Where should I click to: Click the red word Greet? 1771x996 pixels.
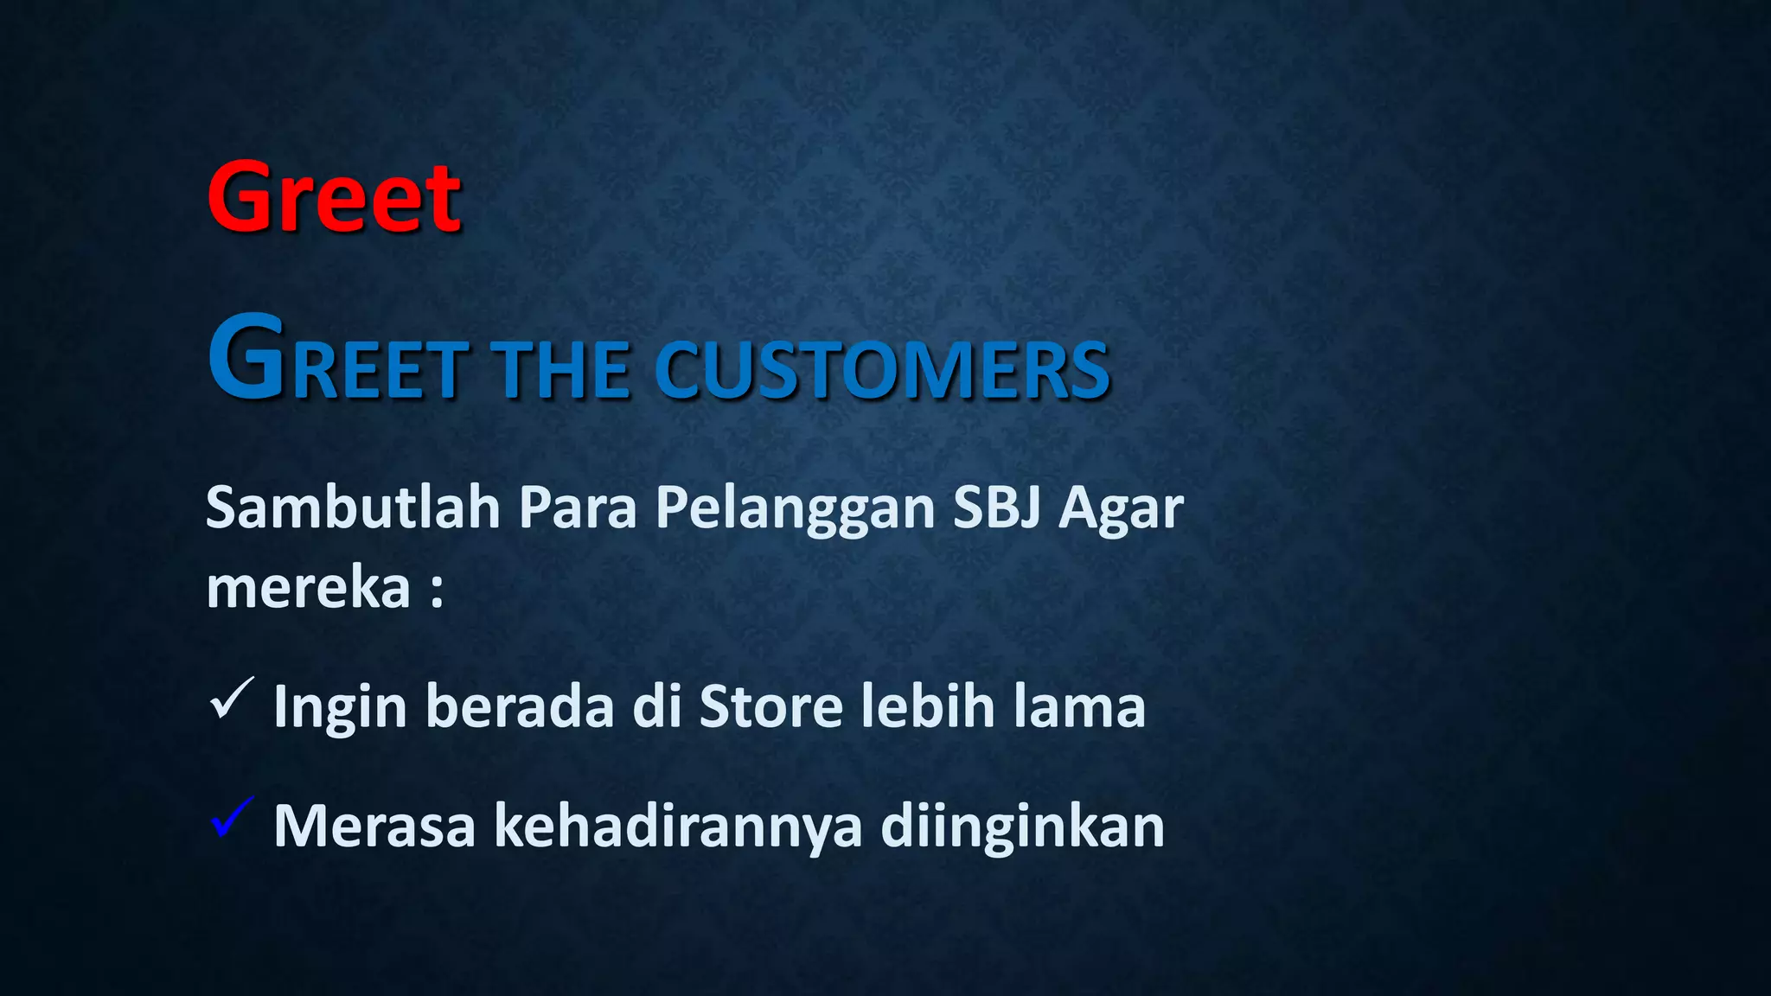pyautogui.click(x=334, y=198)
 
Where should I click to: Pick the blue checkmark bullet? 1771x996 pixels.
pyautogui.click(x=231, y=818)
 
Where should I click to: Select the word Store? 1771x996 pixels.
pyautogui.click(x=770, y=706)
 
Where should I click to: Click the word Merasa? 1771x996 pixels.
pyautogui.click(x=374, y=826)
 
